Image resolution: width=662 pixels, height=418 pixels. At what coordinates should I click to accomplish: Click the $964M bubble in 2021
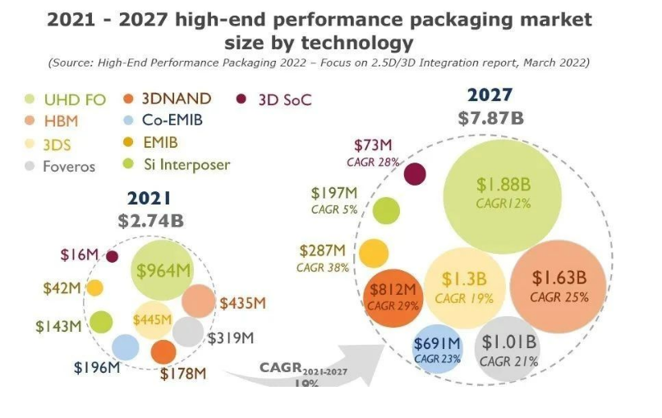(162, 271)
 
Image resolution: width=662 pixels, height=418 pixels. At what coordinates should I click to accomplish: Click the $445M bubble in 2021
(153, 319)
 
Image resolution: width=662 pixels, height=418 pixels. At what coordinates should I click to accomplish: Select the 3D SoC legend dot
(241, 99)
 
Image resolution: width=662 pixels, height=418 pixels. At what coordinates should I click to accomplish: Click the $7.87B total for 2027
(490, 117)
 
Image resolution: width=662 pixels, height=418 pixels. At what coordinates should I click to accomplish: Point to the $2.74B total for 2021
(149, 218)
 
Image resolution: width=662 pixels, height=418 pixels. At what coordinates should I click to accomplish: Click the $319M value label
(230, 338)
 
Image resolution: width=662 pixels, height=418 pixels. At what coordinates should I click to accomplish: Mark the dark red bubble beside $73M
(416, 174)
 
